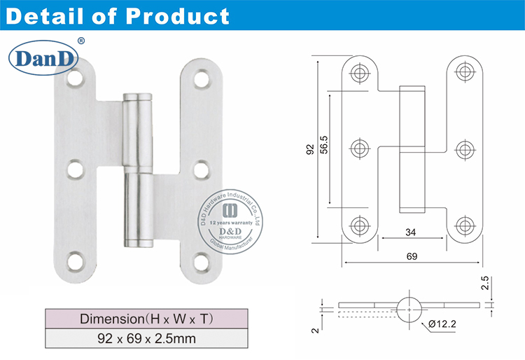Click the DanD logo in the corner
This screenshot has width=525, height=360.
click(x=47, y=58)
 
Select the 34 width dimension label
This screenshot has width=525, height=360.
click(x=412, y=233)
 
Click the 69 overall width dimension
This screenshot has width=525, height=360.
click(x=412, y=257)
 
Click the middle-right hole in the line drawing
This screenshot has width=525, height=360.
click(x=463, y=148)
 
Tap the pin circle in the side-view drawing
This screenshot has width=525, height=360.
click(x=409, y=305)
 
